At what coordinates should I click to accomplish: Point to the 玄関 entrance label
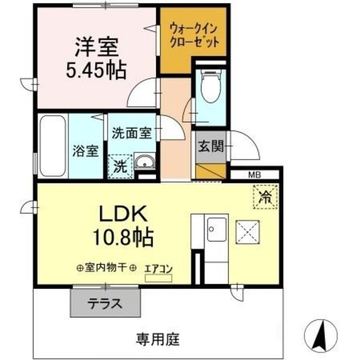pyautogui.click(x=210, y=147)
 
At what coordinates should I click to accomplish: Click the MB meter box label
pyautogui.click(x=254, y=174)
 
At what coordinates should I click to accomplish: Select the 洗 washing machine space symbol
pyautogui.click(x=120, y=166)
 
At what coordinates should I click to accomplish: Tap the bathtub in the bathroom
pyautogui.click(x=53, y=146)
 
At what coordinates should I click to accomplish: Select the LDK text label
pyautogui.click(x=123, y=214)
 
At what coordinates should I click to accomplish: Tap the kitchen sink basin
pyautogui.click(x=216, y=230)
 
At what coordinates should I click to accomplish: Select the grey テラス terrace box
pyautogui.click(x=104, y=304)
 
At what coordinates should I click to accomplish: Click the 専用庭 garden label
pyautogui.click(x=157, y=339)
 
